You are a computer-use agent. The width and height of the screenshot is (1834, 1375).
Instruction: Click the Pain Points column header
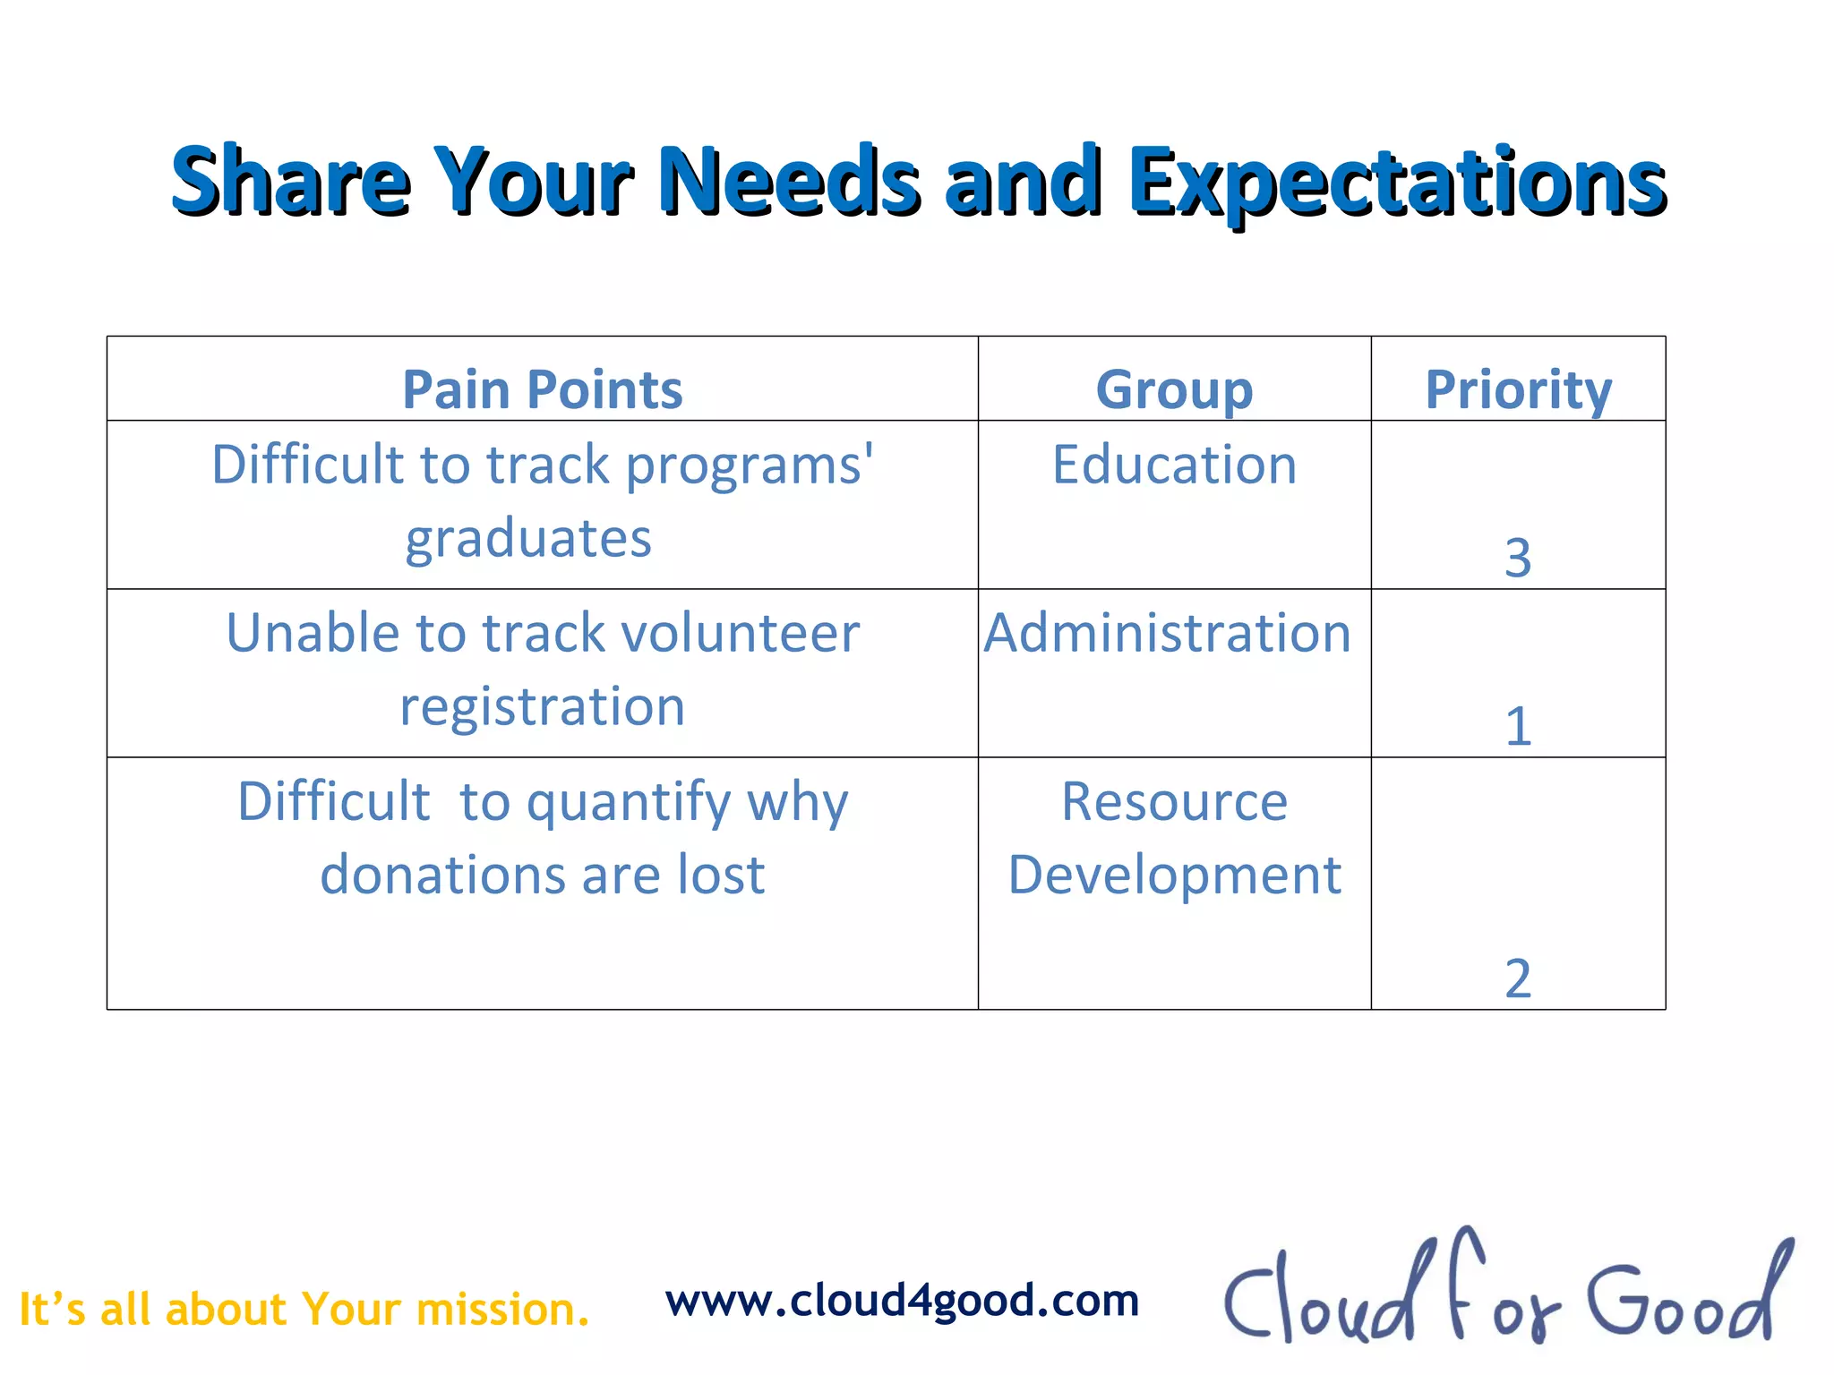click(x=542, y=390)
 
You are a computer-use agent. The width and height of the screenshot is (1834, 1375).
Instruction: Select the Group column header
click(x=1174, y=390)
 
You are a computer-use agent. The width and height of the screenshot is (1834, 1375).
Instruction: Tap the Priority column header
click(x=1518, y=390)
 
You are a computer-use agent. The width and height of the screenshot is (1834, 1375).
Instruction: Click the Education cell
click(x=1174, y=465)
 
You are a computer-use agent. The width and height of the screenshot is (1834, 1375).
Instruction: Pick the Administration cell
click(x=1167, y=634)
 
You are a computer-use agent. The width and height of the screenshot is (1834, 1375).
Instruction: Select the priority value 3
click(x=1517, y=559)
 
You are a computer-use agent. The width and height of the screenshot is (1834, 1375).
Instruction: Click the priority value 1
click(x=1517, y=726)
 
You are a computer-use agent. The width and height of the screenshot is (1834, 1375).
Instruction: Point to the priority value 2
click(x=1517, y=978)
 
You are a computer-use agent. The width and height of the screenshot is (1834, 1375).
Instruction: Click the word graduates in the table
click(x=528, y=540)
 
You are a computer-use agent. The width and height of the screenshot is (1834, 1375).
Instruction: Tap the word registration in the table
click(x=542, y=707)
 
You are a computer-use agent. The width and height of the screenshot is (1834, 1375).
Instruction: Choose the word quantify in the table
click(x=629, y=803)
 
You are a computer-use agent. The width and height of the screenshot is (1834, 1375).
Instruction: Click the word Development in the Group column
click(x=1174, y=875)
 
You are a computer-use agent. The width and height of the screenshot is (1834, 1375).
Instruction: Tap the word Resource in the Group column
click(x=1174, y=801)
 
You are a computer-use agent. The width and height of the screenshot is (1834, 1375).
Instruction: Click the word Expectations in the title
click(x=1397, y=184)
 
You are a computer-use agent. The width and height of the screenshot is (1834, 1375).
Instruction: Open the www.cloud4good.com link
click(x=902, y=1301)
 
